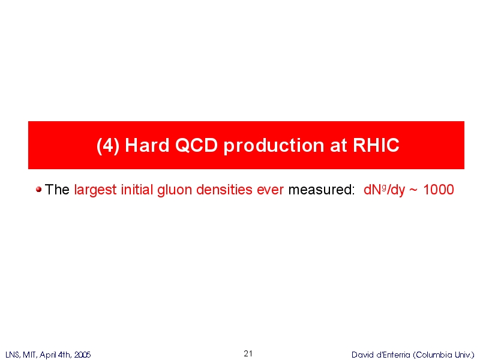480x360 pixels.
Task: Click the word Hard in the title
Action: point(147,145)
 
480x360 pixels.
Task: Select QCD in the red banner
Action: point(196,145)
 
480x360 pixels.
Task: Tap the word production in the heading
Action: point(274,146)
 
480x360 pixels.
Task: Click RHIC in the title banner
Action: point(376,145)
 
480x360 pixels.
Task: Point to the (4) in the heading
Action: point(108,145)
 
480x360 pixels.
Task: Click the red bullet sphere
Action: point(38,190)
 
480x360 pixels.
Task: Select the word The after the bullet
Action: point(57,190)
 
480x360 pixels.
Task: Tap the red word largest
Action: point(95,190)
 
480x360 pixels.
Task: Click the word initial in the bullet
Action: point(137,190)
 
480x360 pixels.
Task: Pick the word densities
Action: point(224,190)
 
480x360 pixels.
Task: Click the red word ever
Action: point(271,190)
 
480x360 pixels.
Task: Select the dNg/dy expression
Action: point(384,190)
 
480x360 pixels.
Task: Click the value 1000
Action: point(439,190)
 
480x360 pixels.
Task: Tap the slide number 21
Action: point(248,353)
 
